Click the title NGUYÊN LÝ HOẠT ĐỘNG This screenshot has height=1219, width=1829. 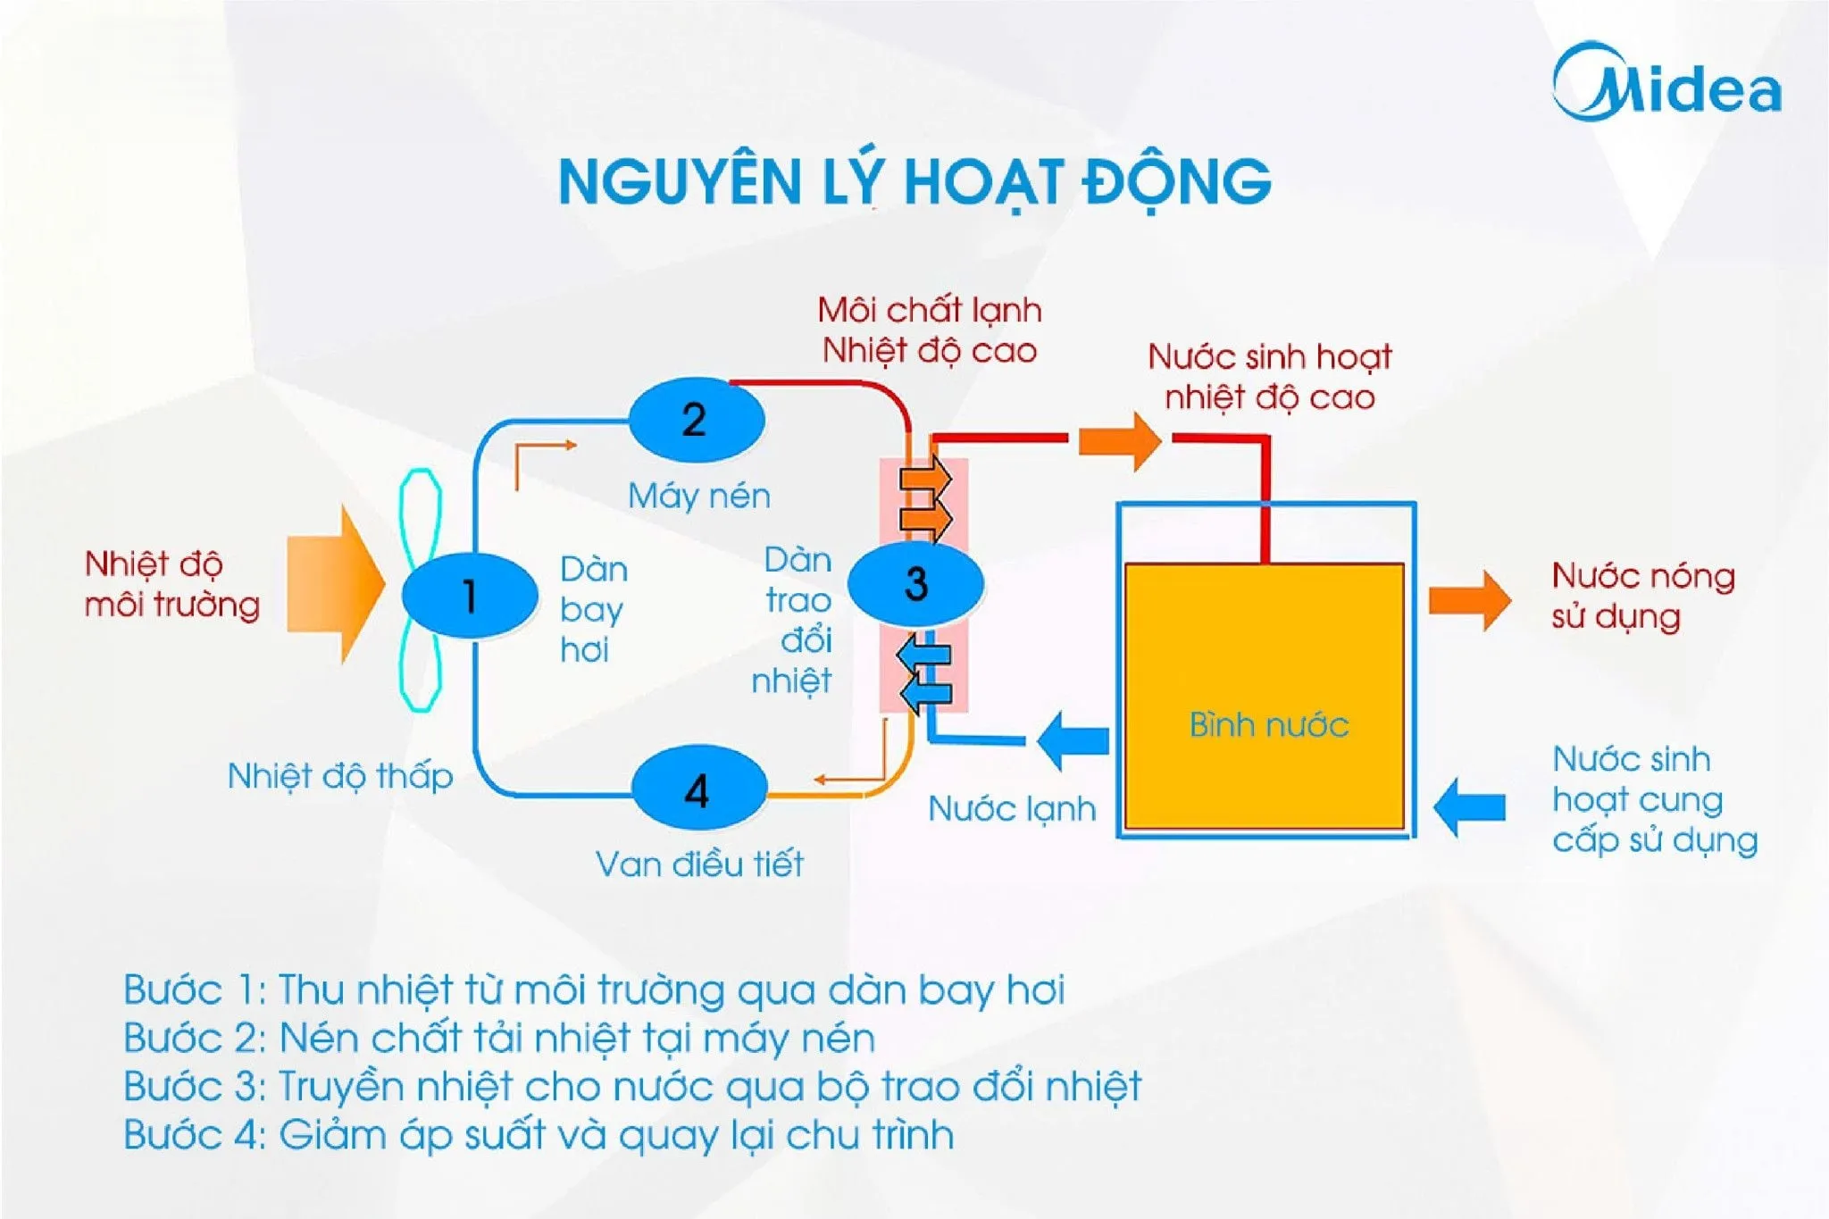(x=914, y=182)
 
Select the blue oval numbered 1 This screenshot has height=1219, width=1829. (x=470, y=595)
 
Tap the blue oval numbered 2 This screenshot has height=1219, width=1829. (x=696, y=420)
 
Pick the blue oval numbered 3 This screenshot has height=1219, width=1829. (x=915, y=584)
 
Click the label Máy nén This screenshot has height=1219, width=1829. (x=698, y=496)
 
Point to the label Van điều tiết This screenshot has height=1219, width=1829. (x=698, y=864)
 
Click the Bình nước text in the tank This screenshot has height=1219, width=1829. (x=1268, y=724)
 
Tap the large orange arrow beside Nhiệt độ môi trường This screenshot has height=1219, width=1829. (x=336, y=585)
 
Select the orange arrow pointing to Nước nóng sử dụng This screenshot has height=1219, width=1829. (x=1469, y=600)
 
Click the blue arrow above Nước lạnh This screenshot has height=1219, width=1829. (x=1074, y=740)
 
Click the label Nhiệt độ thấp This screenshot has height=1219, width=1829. (x=339, y=776)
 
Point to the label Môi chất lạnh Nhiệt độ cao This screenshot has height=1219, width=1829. (x=929, y=330)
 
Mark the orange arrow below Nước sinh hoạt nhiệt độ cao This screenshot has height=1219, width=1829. (x=1120, y=440)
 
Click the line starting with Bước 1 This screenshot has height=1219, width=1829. (x=594, y=990)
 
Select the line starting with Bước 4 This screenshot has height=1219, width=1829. (x=539, y=1135)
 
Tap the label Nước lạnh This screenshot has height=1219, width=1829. (x=1012, y=809)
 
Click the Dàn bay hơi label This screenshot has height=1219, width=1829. (x=593, y=609)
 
